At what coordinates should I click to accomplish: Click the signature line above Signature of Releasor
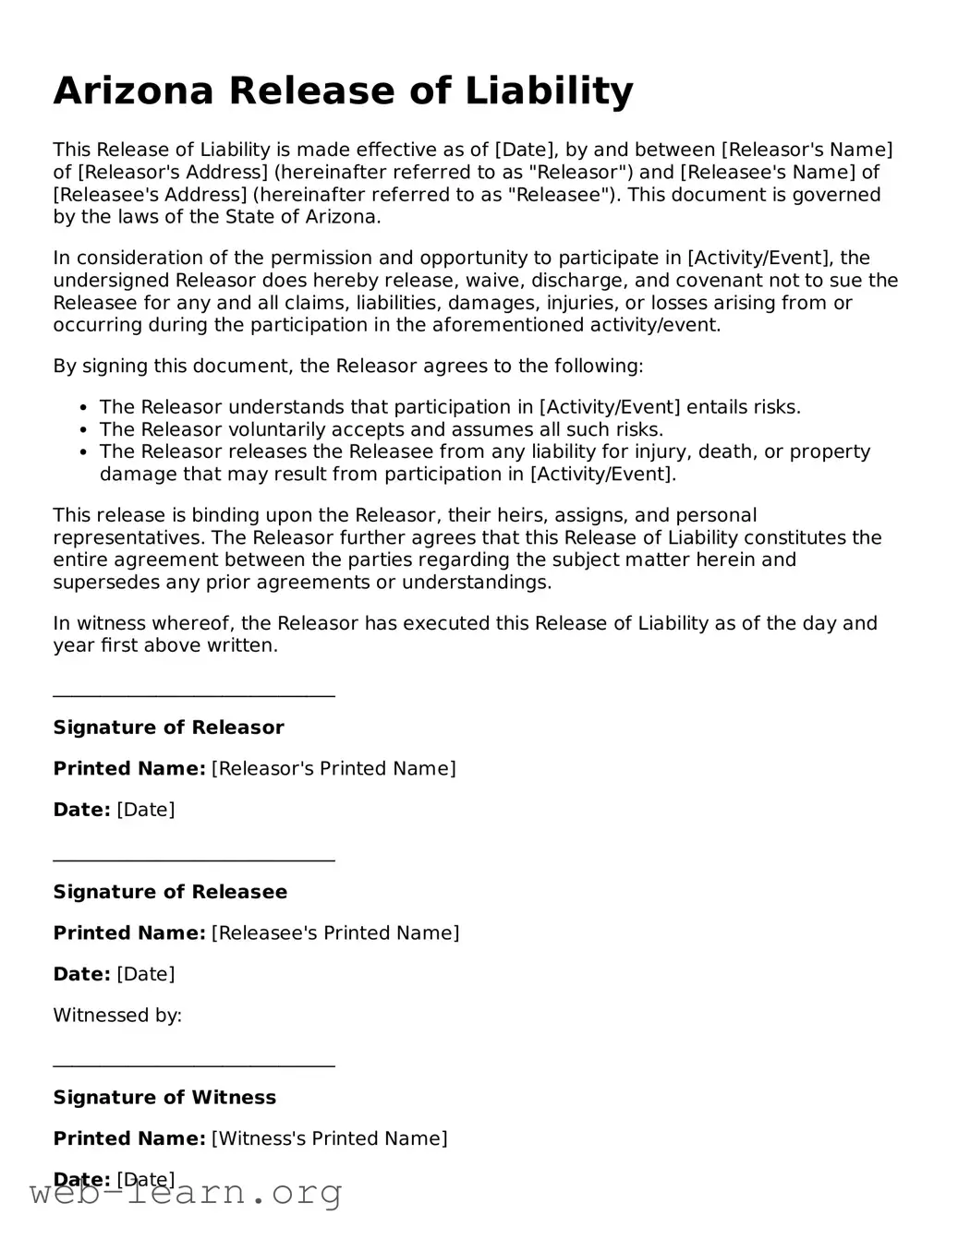point(194,696)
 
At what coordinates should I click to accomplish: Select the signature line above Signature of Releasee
point(194,860)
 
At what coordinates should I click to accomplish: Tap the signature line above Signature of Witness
point(194,1065)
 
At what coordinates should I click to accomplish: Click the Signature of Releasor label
point(168,728)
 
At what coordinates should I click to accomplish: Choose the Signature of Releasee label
point(170,892)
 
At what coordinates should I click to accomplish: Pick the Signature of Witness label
point(164,1097)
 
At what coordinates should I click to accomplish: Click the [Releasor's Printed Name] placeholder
point(333,768)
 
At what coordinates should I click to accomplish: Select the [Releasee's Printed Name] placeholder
point(335,932)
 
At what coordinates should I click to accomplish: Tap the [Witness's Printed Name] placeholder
point(330,1138)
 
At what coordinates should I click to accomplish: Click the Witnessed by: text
point(117,1016)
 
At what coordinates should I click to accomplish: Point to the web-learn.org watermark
point(186,1193)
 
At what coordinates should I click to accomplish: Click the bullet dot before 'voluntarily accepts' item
point(84,430)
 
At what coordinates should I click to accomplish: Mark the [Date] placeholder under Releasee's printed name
point(146,974)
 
